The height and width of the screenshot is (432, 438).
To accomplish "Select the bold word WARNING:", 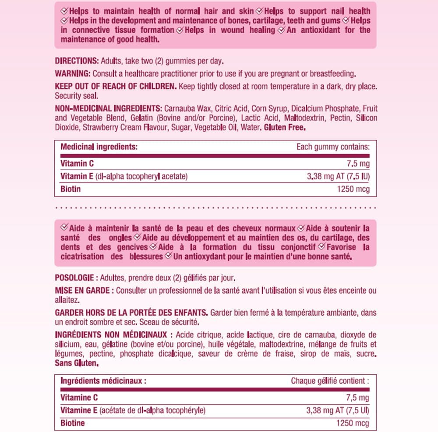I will [72, 73].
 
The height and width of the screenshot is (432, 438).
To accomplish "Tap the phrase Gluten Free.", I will [285, 128].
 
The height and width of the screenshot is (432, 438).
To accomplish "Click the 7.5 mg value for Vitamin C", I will [358, 164].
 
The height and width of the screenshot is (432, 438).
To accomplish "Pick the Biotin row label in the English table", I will [71, 190].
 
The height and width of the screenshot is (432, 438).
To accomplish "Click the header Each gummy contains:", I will [333, 147].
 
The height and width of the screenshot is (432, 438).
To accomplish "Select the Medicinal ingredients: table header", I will [99, 147].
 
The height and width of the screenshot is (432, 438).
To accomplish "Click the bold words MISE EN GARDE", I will [82, 291].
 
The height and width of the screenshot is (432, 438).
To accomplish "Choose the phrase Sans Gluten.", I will [77, 363].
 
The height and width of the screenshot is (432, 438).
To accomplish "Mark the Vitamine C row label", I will [79, 397].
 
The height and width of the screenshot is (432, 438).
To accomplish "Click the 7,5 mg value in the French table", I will [358, 397].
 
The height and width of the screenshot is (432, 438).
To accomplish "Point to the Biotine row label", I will [72, 423].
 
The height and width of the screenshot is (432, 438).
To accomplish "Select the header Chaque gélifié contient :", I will [330, 381].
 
